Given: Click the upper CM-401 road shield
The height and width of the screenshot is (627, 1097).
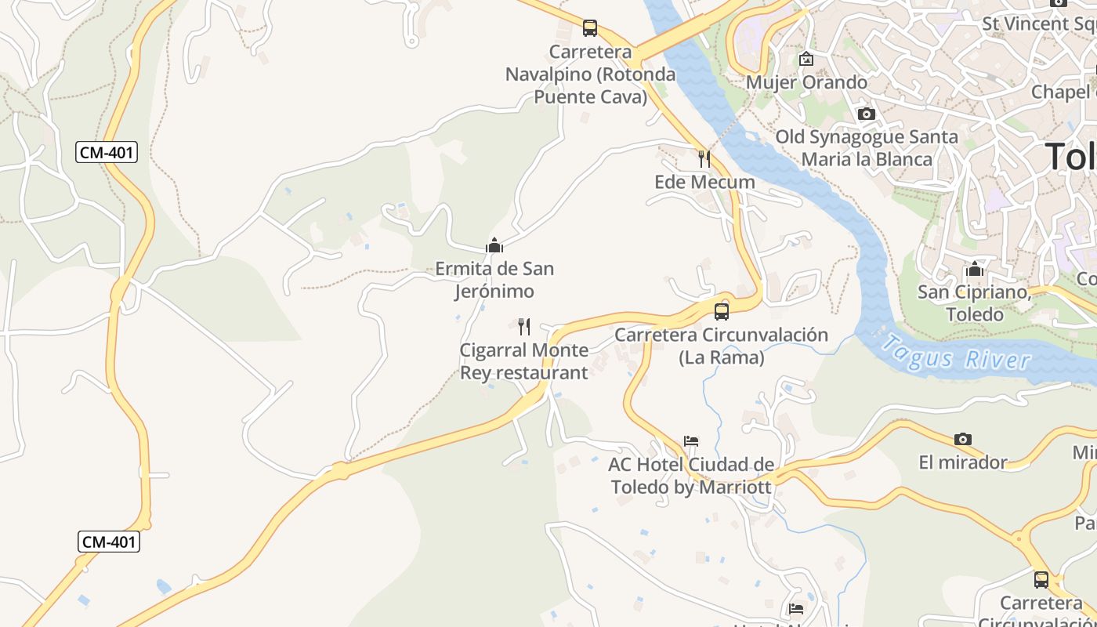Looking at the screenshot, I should (107, 152).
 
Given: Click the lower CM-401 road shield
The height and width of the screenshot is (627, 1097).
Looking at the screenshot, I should (109, 542).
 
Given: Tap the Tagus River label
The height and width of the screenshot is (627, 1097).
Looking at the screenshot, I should (955, 353).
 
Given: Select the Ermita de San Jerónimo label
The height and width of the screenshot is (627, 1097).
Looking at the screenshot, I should (494, 280).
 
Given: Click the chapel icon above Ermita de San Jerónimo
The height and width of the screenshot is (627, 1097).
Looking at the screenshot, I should (494, 246).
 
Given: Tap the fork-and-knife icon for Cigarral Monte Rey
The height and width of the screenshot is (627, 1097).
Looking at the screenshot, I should (524, 327).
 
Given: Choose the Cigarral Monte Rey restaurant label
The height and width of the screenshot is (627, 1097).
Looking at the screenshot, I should (523, 361).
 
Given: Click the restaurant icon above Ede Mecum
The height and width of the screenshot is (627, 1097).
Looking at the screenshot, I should (704, 159).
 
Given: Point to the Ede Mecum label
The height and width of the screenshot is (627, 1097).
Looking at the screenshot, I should (704, 182).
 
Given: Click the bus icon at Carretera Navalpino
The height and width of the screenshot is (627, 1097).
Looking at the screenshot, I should (590, 29).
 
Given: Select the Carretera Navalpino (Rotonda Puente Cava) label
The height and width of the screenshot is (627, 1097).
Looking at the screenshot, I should (591, 74).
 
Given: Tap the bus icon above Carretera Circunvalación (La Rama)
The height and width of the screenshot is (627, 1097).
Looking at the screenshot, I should (722, 312).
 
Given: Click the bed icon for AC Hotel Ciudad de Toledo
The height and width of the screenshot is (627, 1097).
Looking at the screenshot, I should (691, 441).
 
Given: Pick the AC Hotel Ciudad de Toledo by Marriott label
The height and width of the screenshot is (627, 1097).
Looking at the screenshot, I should (691, 476).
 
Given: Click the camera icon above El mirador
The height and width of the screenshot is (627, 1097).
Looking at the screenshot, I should (963, 440).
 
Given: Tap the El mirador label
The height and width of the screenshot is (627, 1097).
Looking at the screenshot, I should (963, 462).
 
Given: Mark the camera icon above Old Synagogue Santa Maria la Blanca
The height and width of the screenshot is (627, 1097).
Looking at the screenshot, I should (866, 114).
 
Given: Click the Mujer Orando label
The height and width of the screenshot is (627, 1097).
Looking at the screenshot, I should (806, 82).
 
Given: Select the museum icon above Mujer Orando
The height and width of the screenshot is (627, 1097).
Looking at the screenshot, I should (806, 59).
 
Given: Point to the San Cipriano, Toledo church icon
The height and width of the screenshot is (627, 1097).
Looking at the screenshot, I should (975, 270).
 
